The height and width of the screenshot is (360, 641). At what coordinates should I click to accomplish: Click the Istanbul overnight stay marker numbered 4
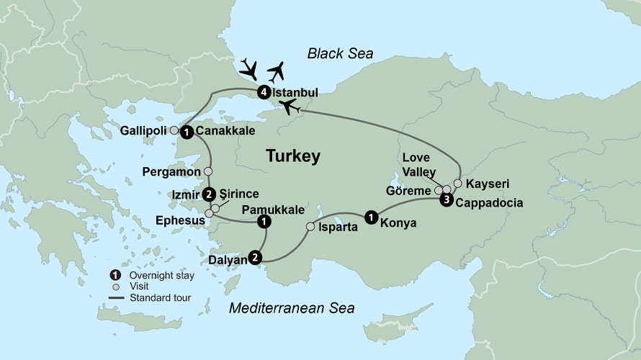pos(264,92)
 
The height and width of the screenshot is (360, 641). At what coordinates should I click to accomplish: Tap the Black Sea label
pos(338,53)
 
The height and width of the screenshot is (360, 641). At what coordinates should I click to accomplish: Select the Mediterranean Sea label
pos(292,308)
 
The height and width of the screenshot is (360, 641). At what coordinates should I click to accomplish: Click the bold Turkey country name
pos(293,156)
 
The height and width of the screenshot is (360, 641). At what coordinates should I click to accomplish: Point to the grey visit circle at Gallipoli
pos(174,131)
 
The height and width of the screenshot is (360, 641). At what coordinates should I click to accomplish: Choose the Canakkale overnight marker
pos(187,132)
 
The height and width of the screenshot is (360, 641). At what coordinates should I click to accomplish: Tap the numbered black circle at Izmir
pos(209,194)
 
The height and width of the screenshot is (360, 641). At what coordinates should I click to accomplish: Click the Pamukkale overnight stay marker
pos(264,222)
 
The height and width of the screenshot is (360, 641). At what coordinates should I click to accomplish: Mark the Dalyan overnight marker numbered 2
pos(254,256)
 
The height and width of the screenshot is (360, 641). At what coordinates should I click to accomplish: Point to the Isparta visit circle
pos(310,227)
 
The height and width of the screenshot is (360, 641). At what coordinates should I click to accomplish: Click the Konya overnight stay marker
pos(370,215)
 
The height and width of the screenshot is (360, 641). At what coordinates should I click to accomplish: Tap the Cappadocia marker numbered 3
pos(447,200)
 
